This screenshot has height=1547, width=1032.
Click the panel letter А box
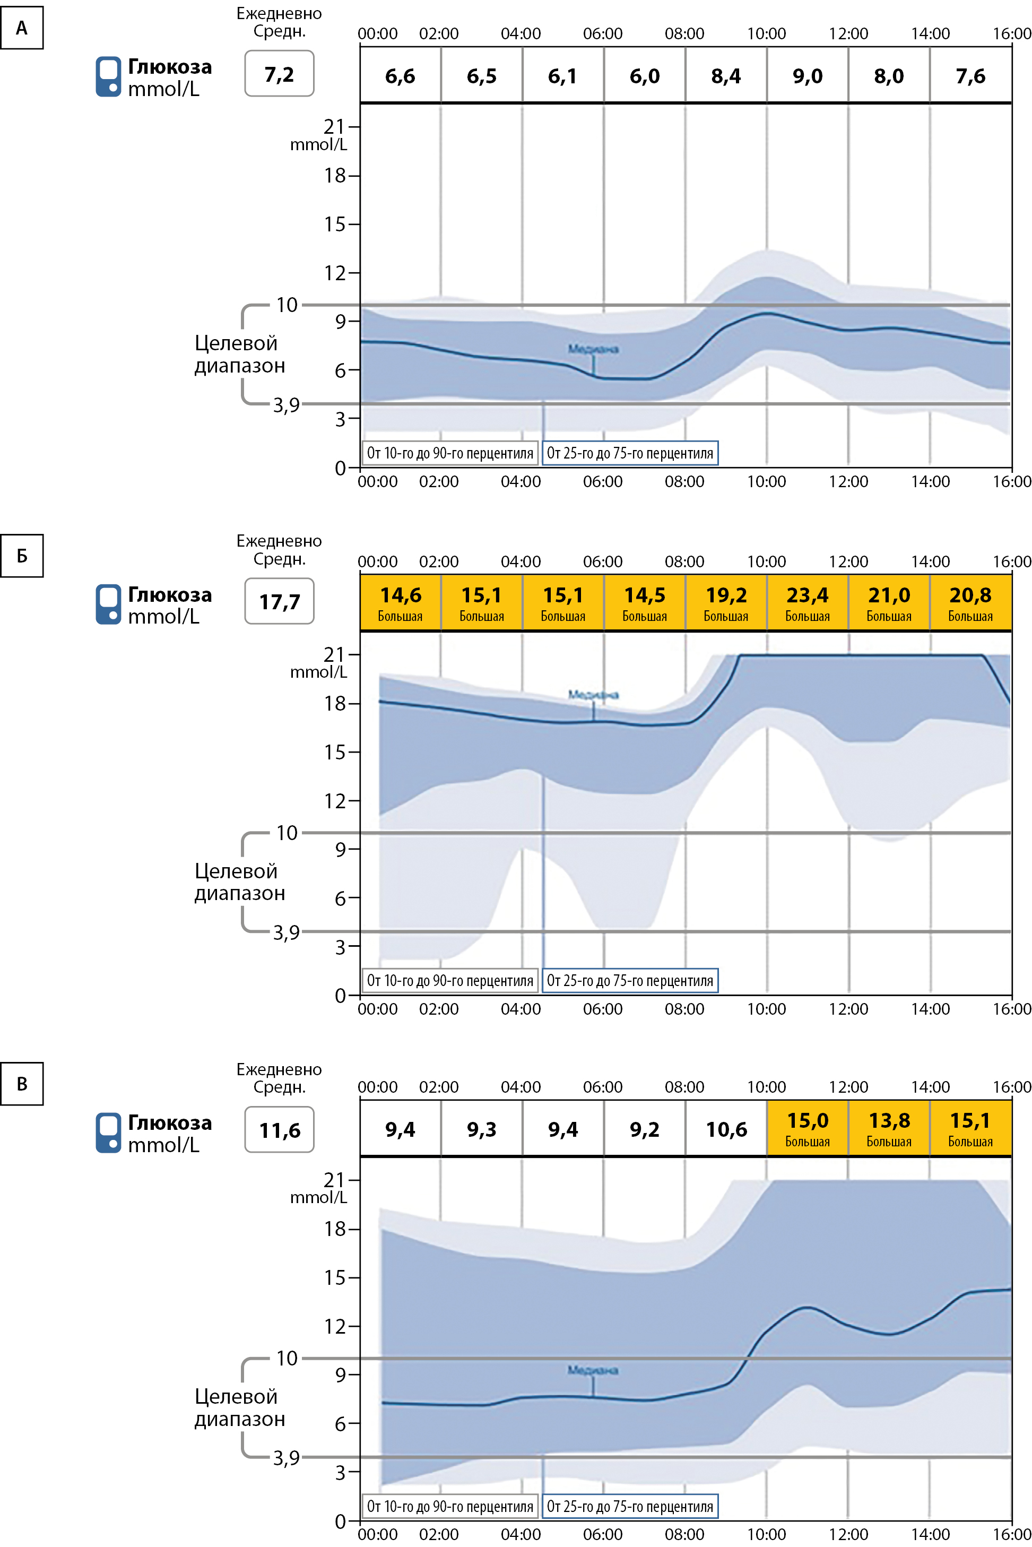pyautogui.click(x=22, y=28)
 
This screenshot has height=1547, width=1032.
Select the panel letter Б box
pyautogui.click(x=22, y=556)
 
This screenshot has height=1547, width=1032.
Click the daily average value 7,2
pyautogui.click(x=279, y=74)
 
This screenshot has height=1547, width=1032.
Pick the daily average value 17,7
pyautogui.click(x=279, y=602)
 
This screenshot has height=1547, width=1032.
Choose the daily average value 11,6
pyautogui.click(x=279, y=1130)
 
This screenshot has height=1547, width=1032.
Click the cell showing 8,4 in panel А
pyautogui.click(x=726, y=76)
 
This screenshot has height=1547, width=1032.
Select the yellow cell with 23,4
pyautogui.click(x=808, y=602)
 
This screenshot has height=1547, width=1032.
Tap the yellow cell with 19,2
pyautogui.click(x=726, y=602)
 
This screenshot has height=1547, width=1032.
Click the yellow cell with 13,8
pyautogui.click(x=889, y=1128)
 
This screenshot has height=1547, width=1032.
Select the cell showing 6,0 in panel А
pyautogui.click(x=644, y=76)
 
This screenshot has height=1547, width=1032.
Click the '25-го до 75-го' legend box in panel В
pyautogui.click(x=630, y=1506)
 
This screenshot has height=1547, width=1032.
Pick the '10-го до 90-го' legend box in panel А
pyautogui.click(x=450, y=453)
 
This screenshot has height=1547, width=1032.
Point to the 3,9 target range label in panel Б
pyautogui.click(x=287, y=932)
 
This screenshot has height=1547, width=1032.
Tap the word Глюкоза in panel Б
pyautogui.click(x=170, y=594)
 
